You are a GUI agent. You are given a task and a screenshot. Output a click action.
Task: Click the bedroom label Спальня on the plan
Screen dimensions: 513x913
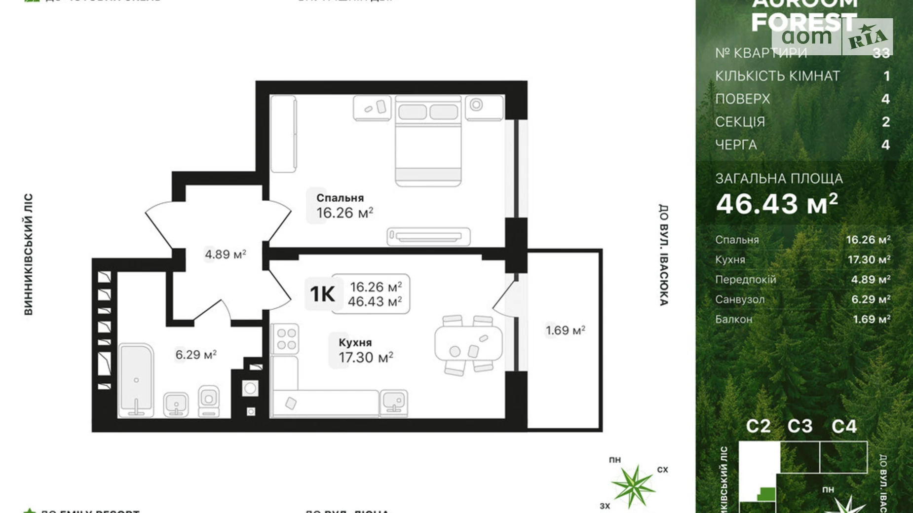[340, 198]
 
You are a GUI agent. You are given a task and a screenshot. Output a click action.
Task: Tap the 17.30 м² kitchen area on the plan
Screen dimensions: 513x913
[366, 357]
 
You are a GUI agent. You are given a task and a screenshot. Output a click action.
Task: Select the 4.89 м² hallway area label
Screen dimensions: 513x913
[225, 255]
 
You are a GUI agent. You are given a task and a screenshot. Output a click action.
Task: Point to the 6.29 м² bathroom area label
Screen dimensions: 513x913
[196, 355]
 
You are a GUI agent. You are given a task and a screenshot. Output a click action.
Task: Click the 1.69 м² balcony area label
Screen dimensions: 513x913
[565, 330]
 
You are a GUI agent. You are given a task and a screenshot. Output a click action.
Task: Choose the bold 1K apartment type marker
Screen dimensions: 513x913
[322, 294]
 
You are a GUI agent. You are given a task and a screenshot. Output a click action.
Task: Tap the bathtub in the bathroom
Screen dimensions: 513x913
[136, 380]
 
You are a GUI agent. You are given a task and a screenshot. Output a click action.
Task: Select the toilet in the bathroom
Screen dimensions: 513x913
[209, 401]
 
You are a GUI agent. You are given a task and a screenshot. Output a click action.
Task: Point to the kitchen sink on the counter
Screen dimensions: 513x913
[394, 402]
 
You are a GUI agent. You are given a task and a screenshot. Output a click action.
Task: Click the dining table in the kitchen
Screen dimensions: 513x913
[468, 344]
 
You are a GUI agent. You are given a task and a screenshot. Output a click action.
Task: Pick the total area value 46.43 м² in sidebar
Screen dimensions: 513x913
[777, 203]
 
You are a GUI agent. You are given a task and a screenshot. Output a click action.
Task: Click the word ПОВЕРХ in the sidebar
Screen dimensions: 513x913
[743, 99]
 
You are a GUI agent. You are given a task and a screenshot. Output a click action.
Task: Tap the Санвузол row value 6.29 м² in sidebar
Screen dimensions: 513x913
[871, 299]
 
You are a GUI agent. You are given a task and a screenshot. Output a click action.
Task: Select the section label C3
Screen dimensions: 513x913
[799, 426]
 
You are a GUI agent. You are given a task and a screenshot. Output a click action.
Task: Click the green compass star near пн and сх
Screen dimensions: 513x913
[633, 486]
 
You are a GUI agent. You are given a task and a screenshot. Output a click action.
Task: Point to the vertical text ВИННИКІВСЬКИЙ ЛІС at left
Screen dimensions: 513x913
[29, 254]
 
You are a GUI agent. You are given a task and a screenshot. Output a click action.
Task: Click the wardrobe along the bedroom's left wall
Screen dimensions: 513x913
[283, 134]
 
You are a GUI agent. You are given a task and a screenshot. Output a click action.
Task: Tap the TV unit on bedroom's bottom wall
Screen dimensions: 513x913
[428, 236]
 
